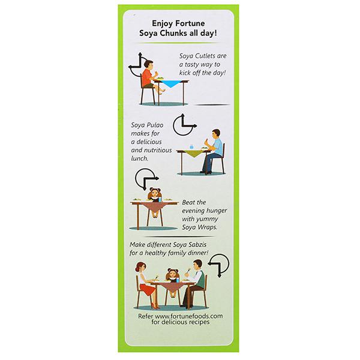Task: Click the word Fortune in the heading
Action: click(190, 23)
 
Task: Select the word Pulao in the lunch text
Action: click(155, 125)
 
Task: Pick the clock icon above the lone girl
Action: click(145, 178)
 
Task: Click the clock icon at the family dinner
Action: click(219, 264)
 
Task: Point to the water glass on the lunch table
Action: click(192, 147)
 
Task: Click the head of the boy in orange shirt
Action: click(149, 65)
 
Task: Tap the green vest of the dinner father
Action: click(200, 279)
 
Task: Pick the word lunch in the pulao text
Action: click(140, 158)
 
